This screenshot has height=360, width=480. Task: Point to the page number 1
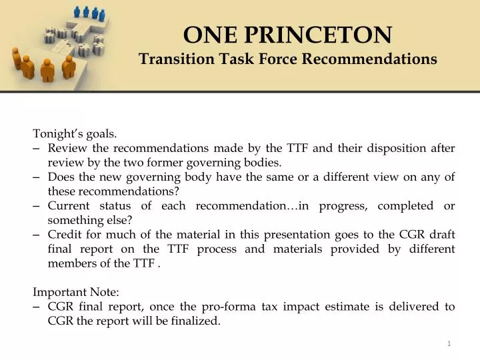tap(449, 343)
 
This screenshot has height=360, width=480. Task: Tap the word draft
tap(440, 234)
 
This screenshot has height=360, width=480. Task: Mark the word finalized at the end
tap(194, 321)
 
